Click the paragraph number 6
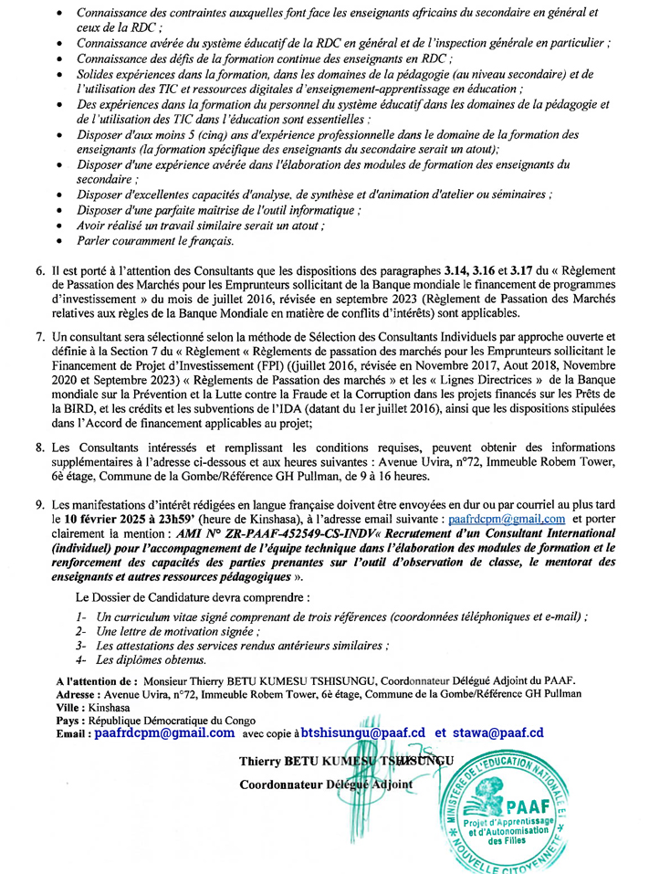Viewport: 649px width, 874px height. click(40, 272)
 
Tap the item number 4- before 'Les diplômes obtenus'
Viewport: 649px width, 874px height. click(82, 659)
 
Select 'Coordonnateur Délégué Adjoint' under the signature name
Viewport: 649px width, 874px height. click(325, 784)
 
